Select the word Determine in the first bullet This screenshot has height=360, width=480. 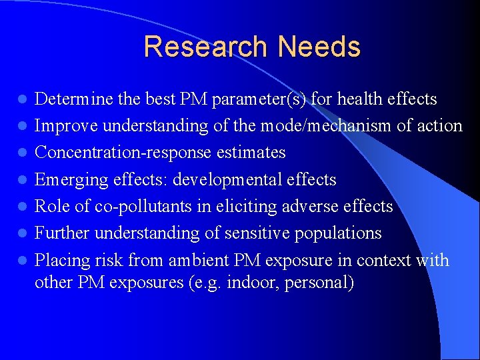coord(74,99)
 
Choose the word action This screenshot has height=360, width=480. coord(437,126)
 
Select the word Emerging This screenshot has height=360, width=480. coord(68,179)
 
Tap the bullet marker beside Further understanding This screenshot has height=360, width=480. coord(22,234)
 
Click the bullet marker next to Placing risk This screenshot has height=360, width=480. coord(22,261)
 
